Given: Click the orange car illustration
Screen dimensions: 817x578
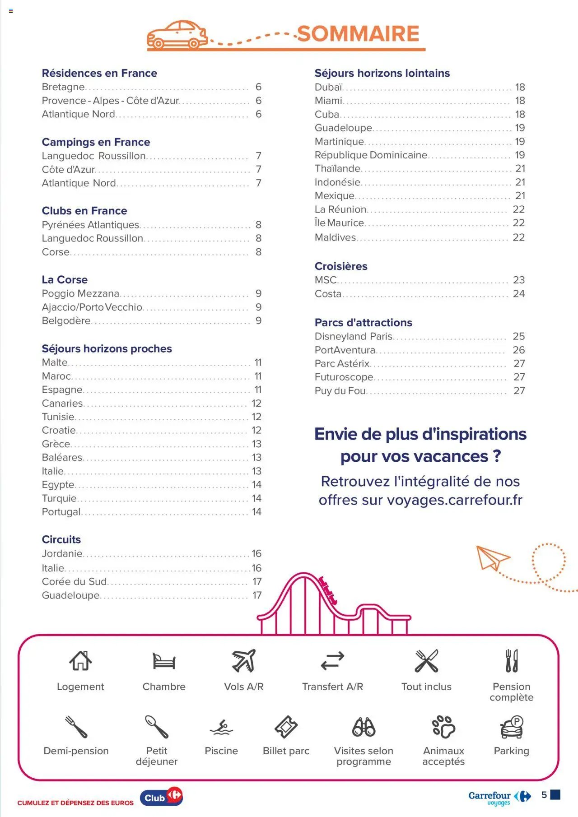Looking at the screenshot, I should pos(177,35).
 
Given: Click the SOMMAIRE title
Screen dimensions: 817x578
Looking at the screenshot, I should pos(358,34).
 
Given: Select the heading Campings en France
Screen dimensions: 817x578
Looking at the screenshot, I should pos(96,142).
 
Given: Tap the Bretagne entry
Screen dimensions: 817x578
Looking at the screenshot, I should pos(63,87).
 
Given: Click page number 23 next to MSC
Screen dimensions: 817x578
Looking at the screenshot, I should pos(518,280).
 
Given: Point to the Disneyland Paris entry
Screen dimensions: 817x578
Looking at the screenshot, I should pos(353,337).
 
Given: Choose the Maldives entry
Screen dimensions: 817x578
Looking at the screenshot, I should pos(335,237).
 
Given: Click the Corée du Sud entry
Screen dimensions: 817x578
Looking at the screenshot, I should pos(74,582).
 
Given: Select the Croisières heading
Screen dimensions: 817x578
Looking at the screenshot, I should pos(341,266).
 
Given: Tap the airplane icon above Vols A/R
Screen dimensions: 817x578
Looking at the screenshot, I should pos(244,661).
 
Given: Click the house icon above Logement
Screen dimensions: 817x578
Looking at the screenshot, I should pos(80,661).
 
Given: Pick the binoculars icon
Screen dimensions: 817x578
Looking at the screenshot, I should pos(364,727).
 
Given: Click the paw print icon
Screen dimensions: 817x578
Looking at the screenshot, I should pos(443,727).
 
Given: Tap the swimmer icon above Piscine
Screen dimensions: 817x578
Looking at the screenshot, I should pos(221,727).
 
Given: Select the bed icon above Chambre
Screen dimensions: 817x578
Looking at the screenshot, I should pos(164,661).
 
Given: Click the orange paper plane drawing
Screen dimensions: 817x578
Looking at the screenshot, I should pos(492,557).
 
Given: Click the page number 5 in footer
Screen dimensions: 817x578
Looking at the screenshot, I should pos(544,795).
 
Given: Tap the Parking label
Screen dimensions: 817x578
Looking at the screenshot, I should pos(511,751).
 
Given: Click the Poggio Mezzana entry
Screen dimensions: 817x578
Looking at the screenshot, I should pos(80,294).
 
